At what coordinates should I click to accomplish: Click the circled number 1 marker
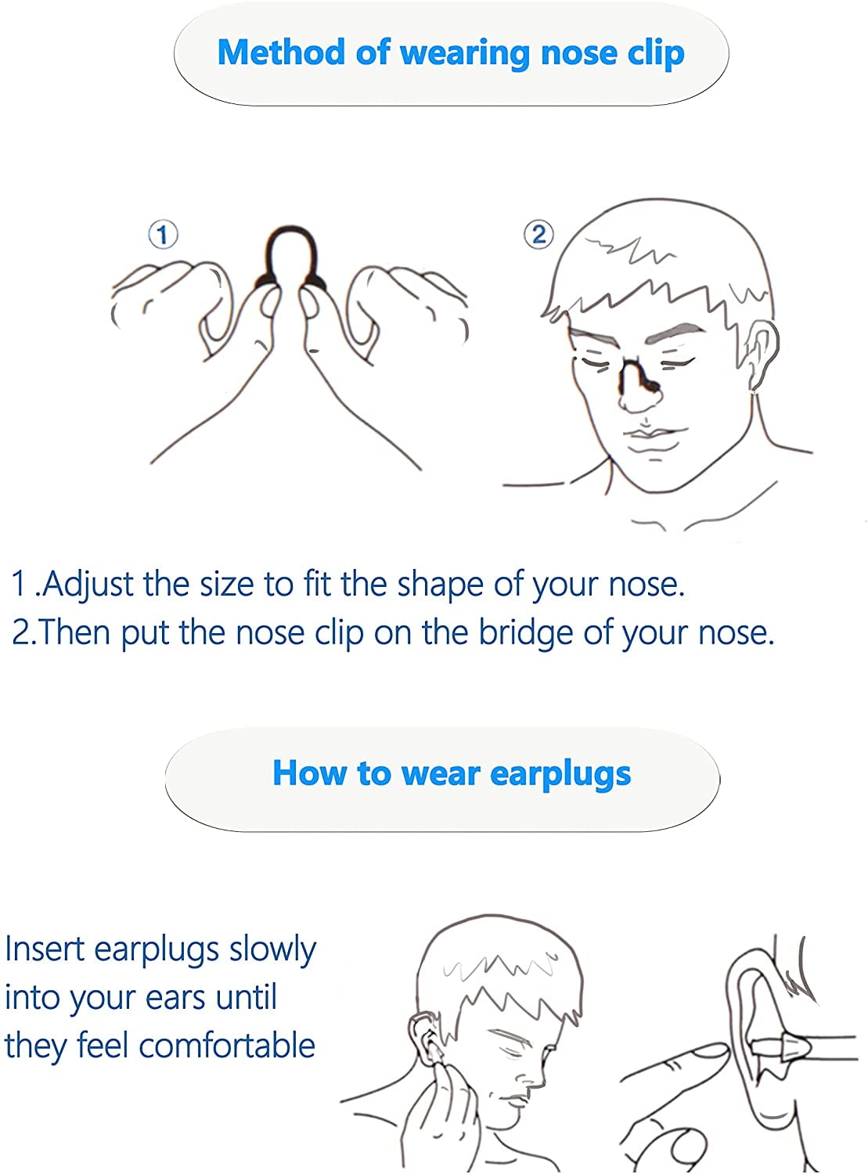coord(163,235)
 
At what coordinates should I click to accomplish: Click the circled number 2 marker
coord(538,234)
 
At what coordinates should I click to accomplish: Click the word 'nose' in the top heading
coord(579,53)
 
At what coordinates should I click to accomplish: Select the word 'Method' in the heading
coord(282,52)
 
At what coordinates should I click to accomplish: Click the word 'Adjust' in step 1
coord(88,585)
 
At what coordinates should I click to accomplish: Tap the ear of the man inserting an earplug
coord(423,1040)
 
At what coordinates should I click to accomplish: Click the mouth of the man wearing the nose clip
coord(648,434)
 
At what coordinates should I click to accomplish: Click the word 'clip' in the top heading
coord(657,54)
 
